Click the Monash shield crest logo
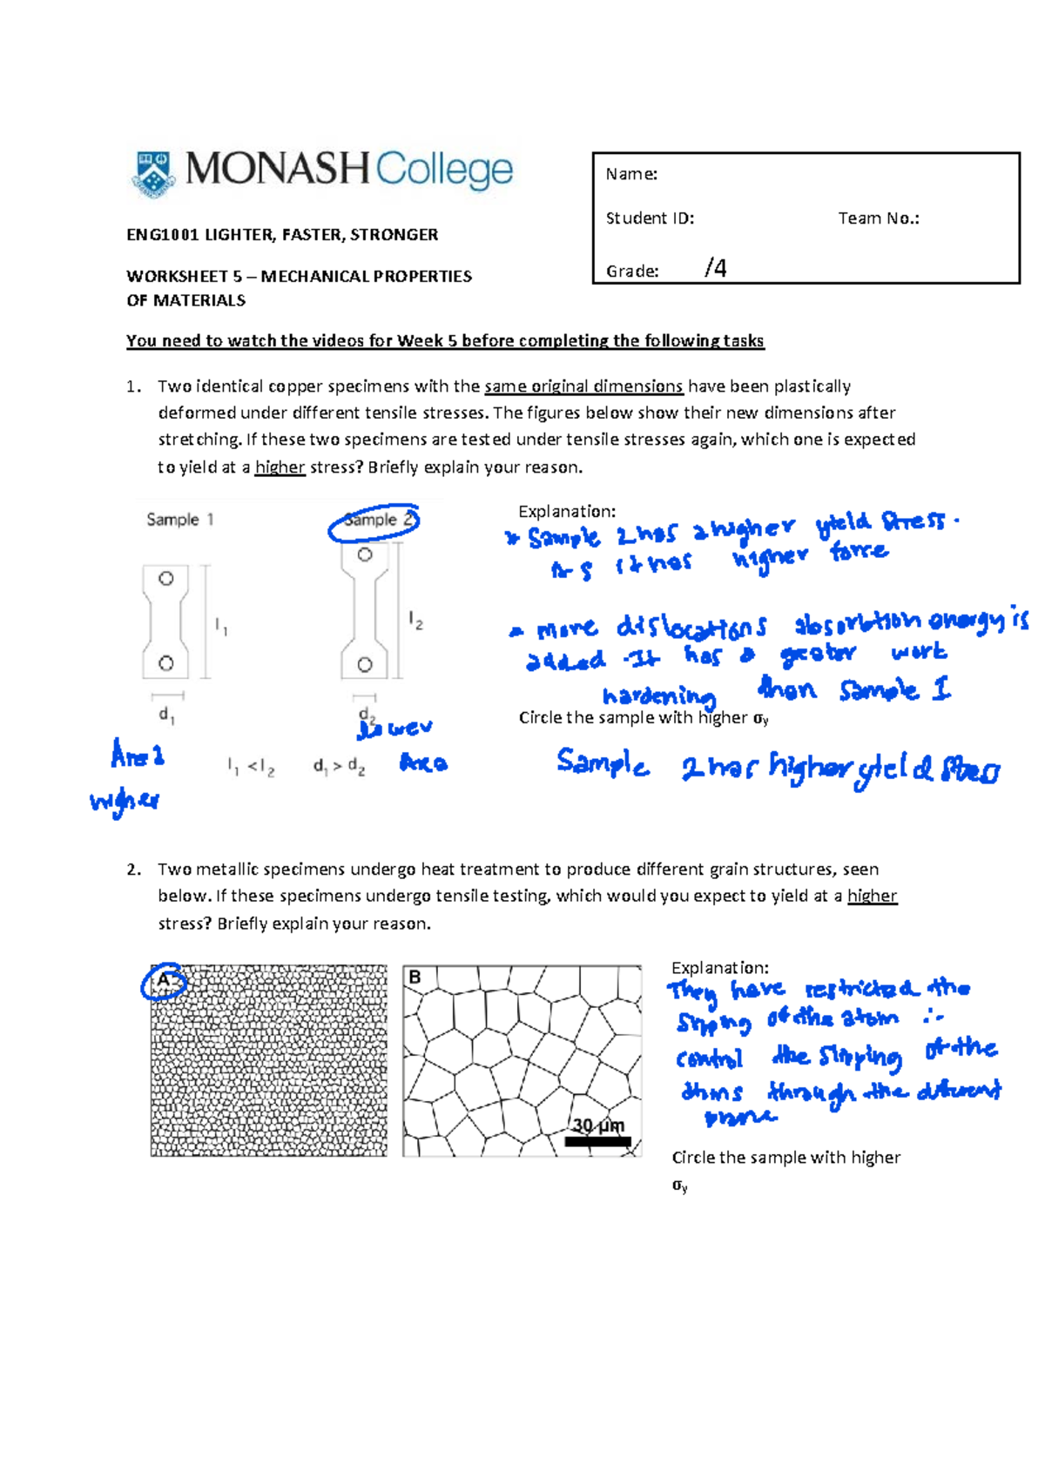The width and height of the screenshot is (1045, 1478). point(154,173)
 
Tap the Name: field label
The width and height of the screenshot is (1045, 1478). point(631,174)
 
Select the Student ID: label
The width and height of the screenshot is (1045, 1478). point(650,218)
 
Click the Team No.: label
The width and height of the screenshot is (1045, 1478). point(878,218)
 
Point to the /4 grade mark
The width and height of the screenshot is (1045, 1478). point(715,268)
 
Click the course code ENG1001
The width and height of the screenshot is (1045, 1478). point(163,235)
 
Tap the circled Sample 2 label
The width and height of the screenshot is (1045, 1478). point(374,521)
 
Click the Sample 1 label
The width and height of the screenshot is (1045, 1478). point(179,520)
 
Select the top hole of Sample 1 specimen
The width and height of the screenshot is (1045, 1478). point(165,578)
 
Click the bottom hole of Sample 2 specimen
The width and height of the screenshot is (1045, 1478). point(365,665)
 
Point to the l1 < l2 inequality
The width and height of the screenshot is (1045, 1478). point(251,767)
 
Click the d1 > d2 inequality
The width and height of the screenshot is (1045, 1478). point(339,767)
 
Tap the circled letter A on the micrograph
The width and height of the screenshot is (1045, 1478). point(163,981)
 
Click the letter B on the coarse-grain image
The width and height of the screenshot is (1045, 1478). point(415,977)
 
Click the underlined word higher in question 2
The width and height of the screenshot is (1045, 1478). point(872,896)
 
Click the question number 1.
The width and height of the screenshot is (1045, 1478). point(132,386)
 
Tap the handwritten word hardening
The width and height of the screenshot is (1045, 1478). point(659,695)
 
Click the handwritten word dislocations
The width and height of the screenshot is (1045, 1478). point(691,628)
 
